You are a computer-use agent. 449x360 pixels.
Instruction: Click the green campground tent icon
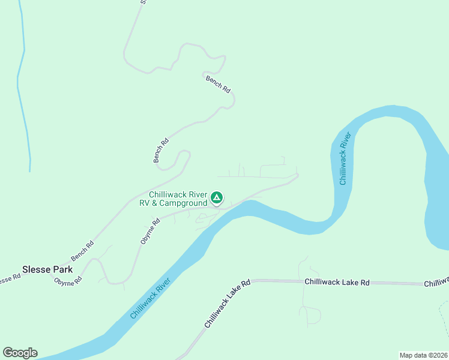coord(217,197)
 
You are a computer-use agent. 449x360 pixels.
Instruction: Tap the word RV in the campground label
coord(145,203)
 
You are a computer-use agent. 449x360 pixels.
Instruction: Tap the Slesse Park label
coord(47,269)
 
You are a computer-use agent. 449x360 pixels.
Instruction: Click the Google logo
coord(20,353)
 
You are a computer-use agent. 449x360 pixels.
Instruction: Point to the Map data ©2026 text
coord(423,355)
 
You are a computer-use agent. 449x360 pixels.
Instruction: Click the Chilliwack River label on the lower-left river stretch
coord(150,298)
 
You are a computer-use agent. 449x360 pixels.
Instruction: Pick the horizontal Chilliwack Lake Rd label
coord(337,281)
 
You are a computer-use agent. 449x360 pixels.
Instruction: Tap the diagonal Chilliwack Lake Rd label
coord(226,304)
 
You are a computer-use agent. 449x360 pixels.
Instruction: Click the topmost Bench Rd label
coord(218,84)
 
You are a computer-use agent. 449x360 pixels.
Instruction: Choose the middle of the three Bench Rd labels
coord(161,151)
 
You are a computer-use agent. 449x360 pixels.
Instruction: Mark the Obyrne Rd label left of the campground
coord(150,231)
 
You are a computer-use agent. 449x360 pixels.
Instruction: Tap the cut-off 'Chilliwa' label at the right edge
coord(436,282)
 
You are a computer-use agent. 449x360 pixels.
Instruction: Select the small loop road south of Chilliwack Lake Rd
coord(313,314)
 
